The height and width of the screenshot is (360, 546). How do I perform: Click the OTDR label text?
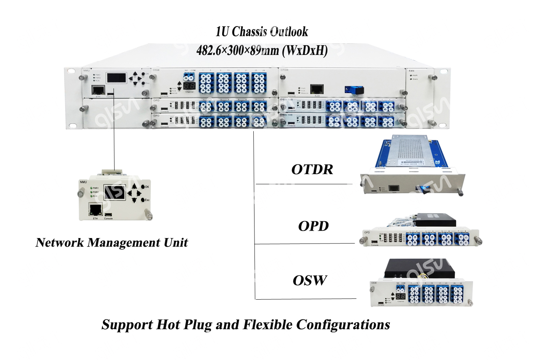point(312,169)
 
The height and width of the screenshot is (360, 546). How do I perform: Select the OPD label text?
point(313,226)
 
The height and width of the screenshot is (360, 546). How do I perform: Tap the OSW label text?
point(310,280)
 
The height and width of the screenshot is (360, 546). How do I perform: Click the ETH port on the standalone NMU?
point(95,210)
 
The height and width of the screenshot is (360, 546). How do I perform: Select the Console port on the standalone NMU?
point(108,215)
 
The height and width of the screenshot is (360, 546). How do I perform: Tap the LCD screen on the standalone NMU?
point(115,192)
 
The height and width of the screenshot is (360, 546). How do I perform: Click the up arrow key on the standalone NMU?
point(134,186)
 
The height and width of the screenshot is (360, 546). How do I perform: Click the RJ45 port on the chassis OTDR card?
point(317,89)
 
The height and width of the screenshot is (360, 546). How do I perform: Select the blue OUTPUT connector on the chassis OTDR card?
point(354,90)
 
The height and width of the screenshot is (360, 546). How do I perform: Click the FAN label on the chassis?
point(412,71)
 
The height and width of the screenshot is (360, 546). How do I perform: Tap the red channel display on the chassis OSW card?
point(189,86)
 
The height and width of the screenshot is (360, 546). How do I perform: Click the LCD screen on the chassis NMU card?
point(117,78)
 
